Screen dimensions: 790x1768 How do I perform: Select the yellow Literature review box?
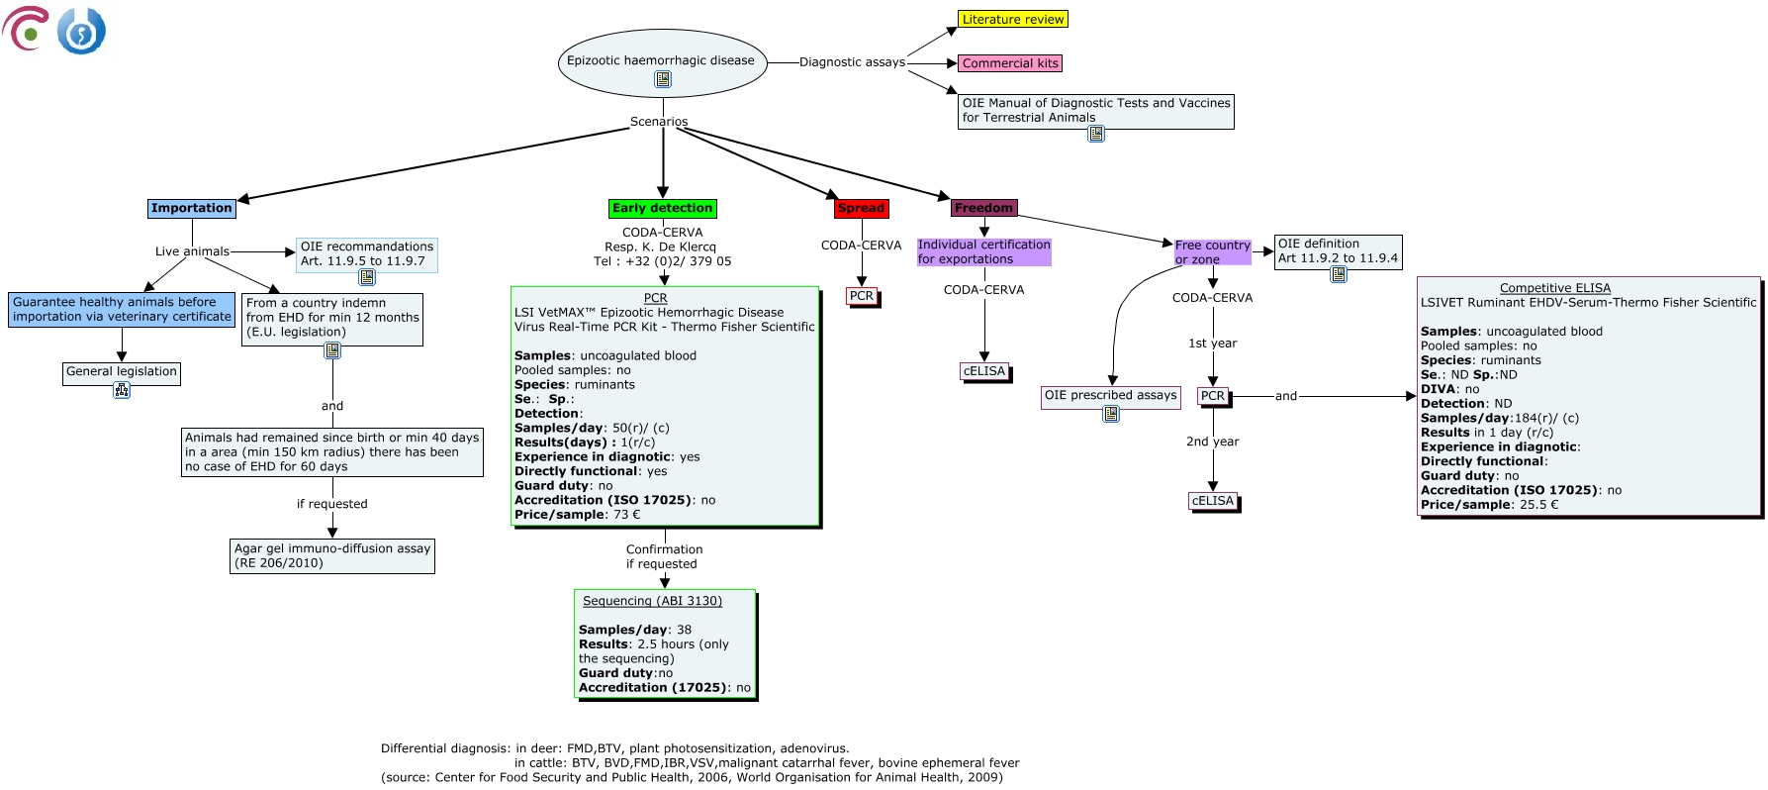coord(1012,19)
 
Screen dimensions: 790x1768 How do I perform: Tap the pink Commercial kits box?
coord(1010,63)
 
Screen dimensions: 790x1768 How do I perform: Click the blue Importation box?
coord(191,208)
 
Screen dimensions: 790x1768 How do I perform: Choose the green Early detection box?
coord(662,208)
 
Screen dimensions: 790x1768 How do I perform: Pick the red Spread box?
coord(861,208)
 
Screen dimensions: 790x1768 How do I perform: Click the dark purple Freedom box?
coord(983,208)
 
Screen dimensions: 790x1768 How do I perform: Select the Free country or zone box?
coord(1212,251)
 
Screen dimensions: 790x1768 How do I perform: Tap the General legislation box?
coord(122,371)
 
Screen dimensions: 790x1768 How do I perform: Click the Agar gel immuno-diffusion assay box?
coord(332,555)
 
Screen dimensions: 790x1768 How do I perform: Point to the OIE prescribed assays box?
coord(1110,395)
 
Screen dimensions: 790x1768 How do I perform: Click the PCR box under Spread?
coord(862,295)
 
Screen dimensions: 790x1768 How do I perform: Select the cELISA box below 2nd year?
coord(1212,501)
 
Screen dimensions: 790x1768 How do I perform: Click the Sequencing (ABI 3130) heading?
coord(652,601)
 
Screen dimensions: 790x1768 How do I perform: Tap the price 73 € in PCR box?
coord(626,515)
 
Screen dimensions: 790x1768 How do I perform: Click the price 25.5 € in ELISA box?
coord(1538,505)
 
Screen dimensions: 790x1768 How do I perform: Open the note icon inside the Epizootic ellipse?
coord(663,79)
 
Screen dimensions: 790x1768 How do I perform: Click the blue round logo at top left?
coord(81,32)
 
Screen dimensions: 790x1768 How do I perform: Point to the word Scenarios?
coord(659,122)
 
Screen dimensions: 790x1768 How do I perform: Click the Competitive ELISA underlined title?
coord(1554,288)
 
